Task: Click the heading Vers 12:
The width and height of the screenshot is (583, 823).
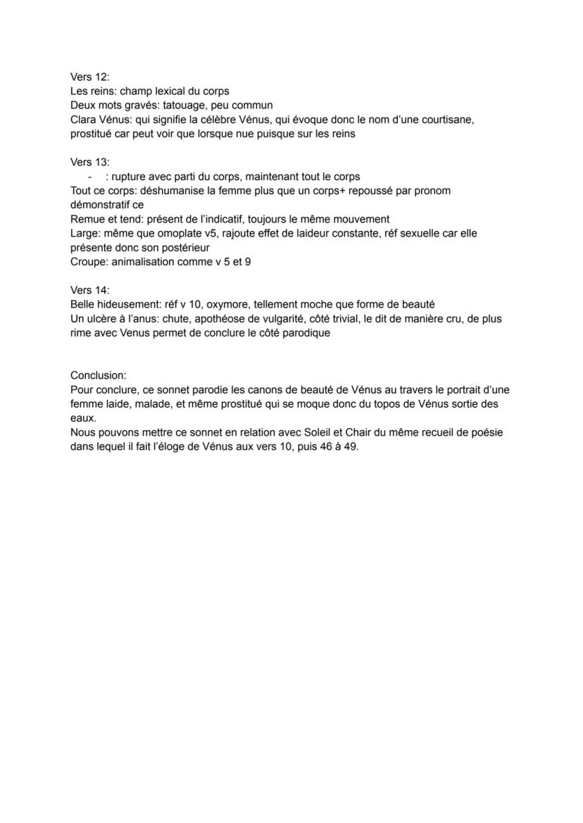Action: [x=90, y=77]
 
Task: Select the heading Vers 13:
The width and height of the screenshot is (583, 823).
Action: [x=90, y=162]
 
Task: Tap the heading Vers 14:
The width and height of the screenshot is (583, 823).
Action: [x=90, y=290]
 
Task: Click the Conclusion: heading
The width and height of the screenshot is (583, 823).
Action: [x=99, y=375]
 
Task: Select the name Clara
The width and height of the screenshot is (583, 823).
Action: [x=84, y=120]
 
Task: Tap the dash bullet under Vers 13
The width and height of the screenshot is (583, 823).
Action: [x=90, y=177]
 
